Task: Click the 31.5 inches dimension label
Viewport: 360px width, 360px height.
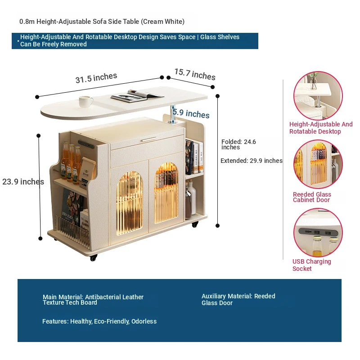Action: click(x=96, y=77)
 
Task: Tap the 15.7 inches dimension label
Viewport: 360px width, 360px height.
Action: click(x=195, y=74)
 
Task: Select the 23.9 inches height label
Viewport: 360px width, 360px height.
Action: click(x=23, y=182)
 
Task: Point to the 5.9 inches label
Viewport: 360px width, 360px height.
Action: click(x=191, y=113)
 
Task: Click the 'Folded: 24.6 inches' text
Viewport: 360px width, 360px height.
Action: click(x=238, y=144)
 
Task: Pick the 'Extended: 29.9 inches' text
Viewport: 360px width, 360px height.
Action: click(x=252, y=161)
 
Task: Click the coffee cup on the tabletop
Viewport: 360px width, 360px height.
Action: click(x=86, y=102)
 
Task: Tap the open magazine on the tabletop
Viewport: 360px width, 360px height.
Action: click(x=137, y=95)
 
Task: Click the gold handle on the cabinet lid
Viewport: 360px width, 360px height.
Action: click(x=149, y=139)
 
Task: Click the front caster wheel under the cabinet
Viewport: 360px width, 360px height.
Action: click(x=94, y=257)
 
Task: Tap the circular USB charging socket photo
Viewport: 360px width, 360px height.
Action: click(x=318, y=232)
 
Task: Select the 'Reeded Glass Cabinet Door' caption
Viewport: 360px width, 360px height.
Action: click(x=312, y=197)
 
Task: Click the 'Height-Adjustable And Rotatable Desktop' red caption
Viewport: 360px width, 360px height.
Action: click(x=321, y=128)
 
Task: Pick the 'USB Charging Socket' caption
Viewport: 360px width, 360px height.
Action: click(x=311, y=265)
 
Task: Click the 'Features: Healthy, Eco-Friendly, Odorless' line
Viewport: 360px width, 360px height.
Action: click(x=99, y=321)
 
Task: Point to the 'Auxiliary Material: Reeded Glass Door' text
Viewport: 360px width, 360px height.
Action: click(x=238, y=299)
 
